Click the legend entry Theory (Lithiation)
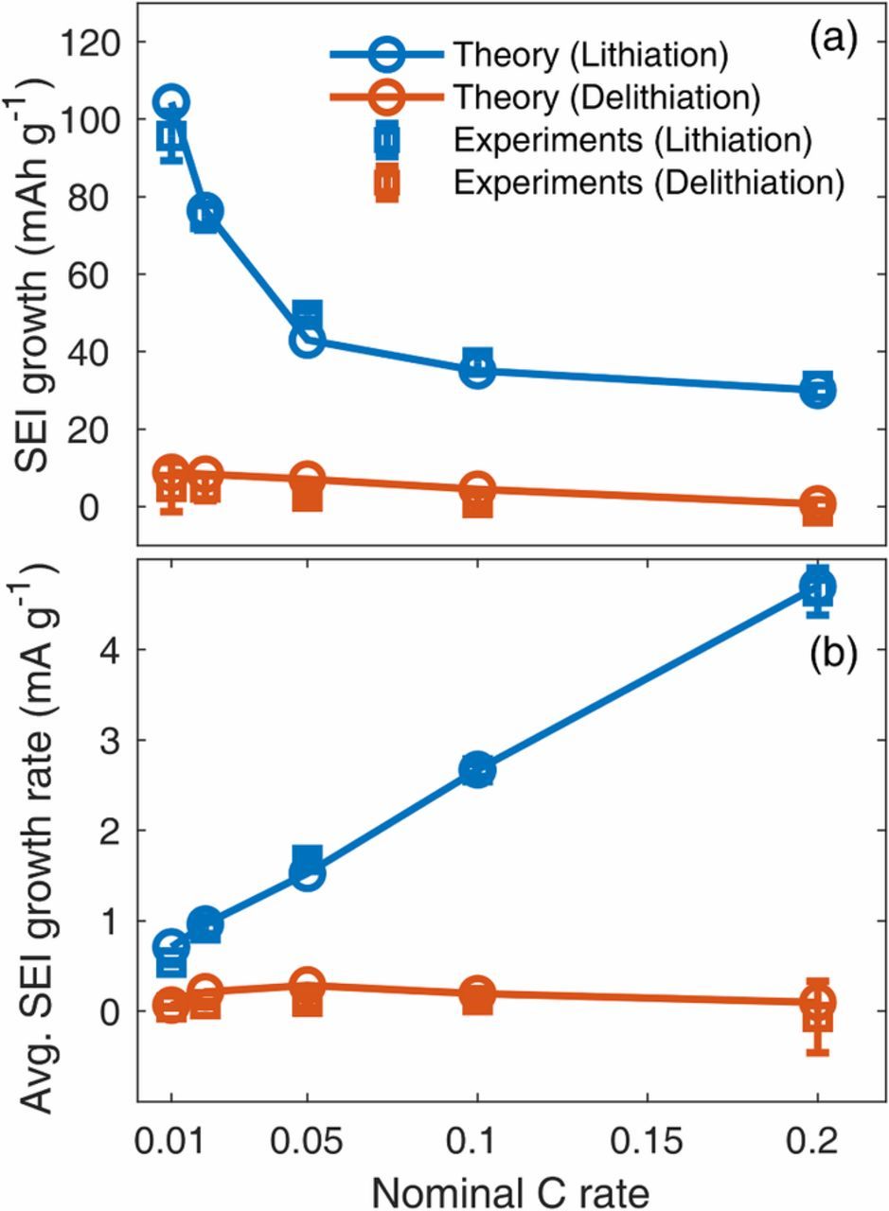click(590, 54)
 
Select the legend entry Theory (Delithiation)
click(606, 97)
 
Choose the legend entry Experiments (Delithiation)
click(649, 182)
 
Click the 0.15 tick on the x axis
click(648, 1138)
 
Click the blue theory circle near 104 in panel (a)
click(171, 101)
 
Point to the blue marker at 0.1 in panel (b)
click(478, 770)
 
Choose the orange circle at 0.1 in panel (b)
click(478, 993)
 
